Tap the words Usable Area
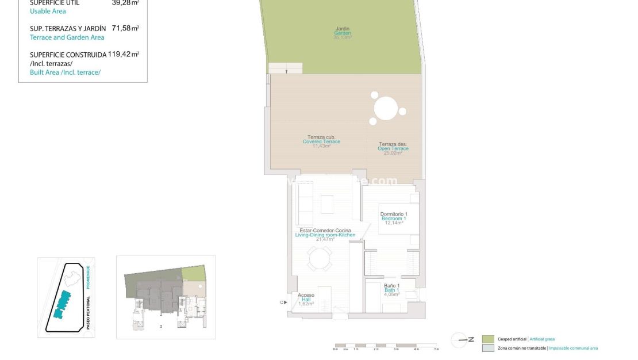[48, 11]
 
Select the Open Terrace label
[393, 148]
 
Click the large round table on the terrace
[386, 108]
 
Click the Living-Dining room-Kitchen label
[325, 235]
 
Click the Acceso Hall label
[306, 299]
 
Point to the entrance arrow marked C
[283, 302]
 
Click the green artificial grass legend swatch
[488, 339]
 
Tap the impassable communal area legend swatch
[488, 348]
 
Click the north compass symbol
[460, 340]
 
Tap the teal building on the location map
[62, 304]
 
